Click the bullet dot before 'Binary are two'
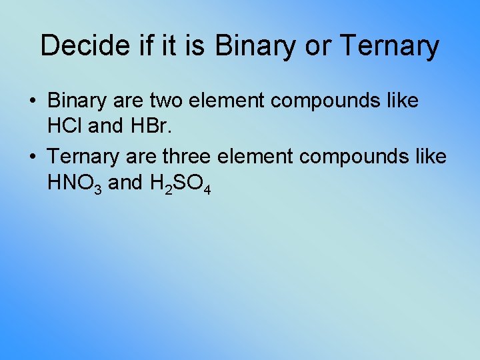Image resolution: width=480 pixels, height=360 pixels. pyautogui.click(x=33, y=102)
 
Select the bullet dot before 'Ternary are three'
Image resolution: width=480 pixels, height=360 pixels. pyautogui.click(x=33, y=157)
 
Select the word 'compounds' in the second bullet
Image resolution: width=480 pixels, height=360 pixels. pyautogui.click(x=344, y=156)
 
